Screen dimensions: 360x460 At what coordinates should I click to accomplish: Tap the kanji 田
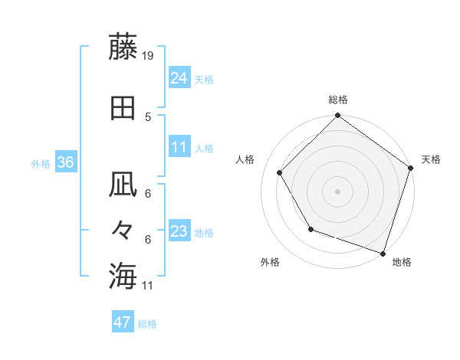(123, 108)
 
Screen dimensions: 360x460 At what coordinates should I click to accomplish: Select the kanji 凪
(123, 185)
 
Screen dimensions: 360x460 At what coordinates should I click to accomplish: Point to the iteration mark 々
(123, 229)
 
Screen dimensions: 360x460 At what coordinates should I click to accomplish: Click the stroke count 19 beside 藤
(148, 55)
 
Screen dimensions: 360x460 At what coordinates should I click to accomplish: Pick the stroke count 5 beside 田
(148, 116)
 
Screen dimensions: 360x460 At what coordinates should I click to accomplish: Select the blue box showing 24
(179, 78)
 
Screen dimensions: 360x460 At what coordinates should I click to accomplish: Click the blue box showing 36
(65, 162)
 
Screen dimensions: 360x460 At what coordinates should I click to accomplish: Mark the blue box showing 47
(122, 322)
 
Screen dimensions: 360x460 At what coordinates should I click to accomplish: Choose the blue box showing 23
(179, 231)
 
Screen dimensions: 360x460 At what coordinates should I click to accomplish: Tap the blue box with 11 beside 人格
(179, 147)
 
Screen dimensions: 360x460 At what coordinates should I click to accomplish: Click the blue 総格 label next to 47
(147, 324)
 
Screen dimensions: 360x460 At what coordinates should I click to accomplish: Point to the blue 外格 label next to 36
(41, 163)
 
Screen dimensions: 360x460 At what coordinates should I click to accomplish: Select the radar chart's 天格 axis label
(431, 159)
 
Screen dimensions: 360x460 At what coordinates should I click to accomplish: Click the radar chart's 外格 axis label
(270, 262)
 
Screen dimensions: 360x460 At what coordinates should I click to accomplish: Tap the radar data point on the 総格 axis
(337, 116)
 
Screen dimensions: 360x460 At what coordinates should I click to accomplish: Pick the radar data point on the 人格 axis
(280, 172)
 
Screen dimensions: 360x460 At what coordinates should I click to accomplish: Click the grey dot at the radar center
(337, 191)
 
